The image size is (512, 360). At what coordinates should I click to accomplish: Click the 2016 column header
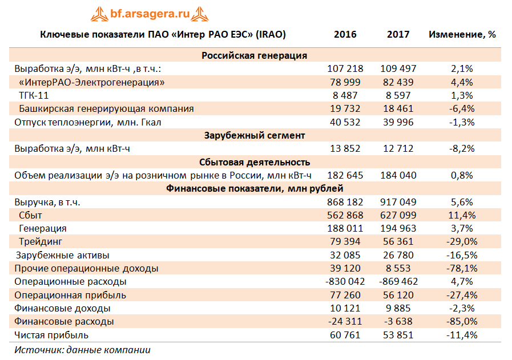click(345, 34)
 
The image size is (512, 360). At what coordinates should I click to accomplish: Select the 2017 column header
click(398, 34)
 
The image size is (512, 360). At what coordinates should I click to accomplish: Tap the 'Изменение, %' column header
click(462, 34)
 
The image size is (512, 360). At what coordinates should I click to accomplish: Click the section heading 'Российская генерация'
click(255, 55)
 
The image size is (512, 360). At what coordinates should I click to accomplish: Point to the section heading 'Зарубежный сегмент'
click(255, 135)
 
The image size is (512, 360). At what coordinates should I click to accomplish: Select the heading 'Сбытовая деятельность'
click(255, 162)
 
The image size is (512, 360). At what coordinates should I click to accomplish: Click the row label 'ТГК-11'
click(34, 95)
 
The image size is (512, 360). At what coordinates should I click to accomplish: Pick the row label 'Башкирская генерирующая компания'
click(106, 108)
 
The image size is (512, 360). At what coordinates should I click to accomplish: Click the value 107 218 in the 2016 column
click(345, 68)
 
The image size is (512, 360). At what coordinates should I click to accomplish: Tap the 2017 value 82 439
click(398, 82)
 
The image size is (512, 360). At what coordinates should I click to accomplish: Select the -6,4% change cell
click(462, 108)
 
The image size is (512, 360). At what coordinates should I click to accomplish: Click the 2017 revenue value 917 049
click(398, 202)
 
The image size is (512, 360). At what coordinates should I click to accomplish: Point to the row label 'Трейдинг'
click(40, 242)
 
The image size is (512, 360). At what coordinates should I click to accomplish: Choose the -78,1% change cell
click(462, 268)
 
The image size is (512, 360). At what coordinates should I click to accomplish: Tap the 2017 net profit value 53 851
click(398, 335)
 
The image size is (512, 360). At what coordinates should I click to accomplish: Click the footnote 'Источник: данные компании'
click(82, 350)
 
